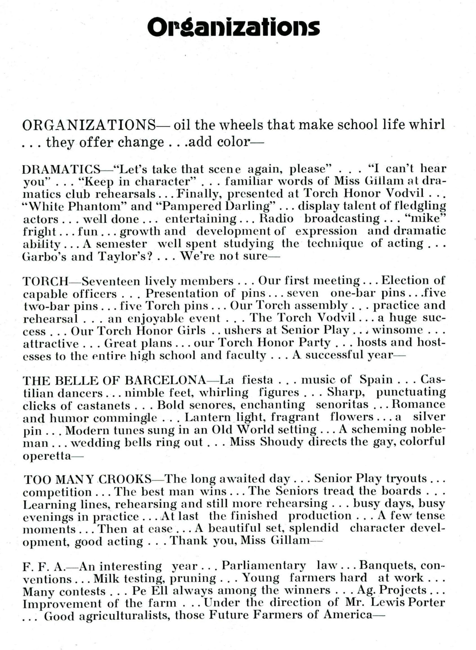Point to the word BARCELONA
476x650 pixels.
point(165,380)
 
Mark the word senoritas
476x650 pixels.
point(342,405)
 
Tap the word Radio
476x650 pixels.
point(276,218)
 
